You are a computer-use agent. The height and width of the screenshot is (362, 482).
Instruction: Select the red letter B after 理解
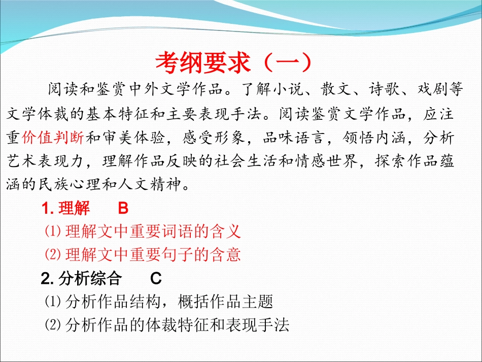pyautogui.click(x=123, y=209)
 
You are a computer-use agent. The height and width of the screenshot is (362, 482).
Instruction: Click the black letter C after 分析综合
pyautogui.click(x=156, y=279)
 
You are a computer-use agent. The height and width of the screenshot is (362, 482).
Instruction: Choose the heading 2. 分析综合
pyautogui.click(x=81, y=279)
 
